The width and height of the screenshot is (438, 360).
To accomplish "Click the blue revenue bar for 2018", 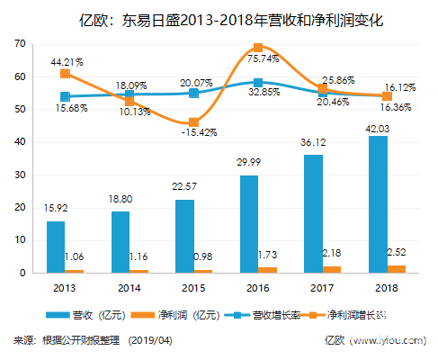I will pyautogui.click(x=378, y=203).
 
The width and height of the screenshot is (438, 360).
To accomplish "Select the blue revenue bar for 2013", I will pyautogui.click(x=55, y=246).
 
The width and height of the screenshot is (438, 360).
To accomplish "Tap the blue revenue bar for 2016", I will pyautogui.click(x=248, y=223).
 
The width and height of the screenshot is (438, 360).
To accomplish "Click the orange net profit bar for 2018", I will pyautogui.click(x=397, y=268).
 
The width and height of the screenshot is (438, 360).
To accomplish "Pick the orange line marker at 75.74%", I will pyautogui.click(x=258, y=48).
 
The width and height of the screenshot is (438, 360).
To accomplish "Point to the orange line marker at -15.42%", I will pyautogui.click(x=193, y=122).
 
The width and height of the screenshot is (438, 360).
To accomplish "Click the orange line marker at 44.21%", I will pyautogui.click(x=65, y=73).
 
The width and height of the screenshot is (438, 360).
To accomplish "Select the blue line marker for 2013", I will pyautogui.click(x=65, y=96).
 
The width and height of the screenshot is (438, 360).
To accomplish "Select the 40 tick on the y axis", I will pyautogui.click(x=20, y=142).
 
